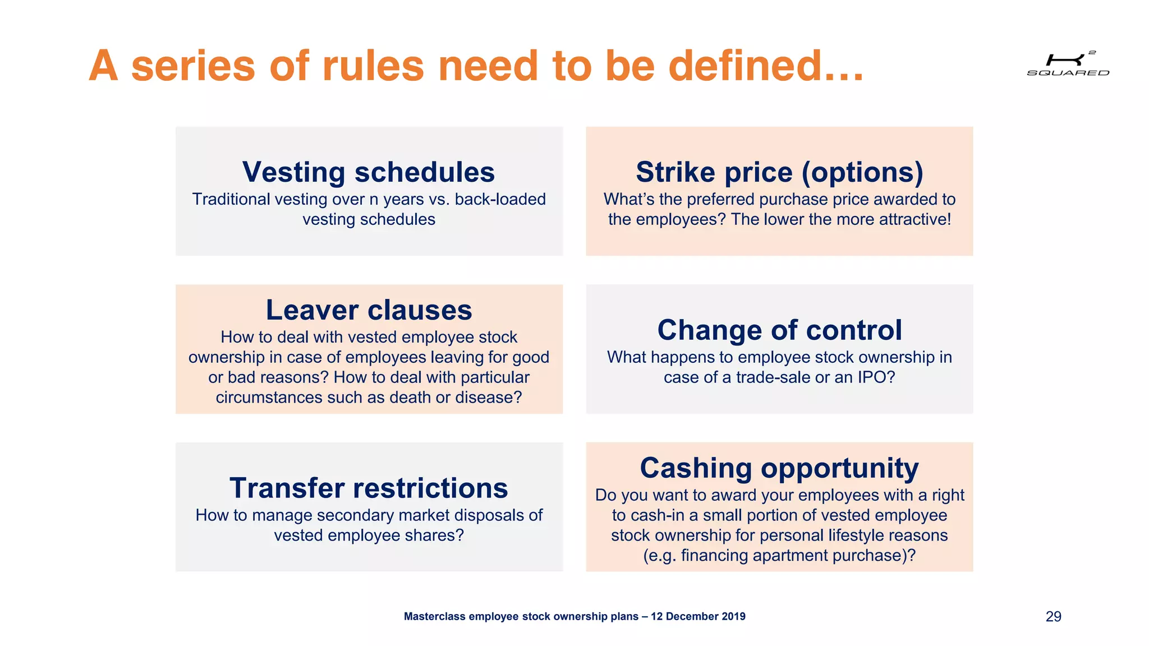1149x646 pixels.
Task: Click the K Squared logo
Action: click(x=1068, y=63)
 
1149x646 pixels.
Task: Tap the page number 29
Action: click(x=1053, y=616)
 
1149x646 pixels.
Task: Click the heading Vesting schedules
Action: click(x=369, y=172)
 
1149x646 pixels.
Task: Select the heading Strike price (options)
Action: click(x=779, y=172)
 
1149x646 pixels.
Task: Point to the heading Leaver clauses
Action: click(x=369, y=310)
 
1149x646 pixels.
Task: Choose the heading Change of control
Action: click(x=779, y=330)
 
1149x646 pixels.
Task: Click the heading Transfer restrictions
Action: click(x=369, y=488)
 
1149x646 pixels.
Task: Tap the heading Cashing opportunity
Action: click(x=779, y=468)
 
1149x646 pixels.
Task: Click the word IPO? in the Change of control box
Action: click(x=876, y=377)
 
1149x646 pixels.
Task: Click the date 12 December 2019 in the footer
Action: click(x=698, y=616)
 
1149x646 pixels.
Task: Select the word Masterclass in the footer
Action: click(x=435, y=616)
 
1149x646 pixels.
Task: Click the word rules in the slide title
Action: click(x=373, y=66)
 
